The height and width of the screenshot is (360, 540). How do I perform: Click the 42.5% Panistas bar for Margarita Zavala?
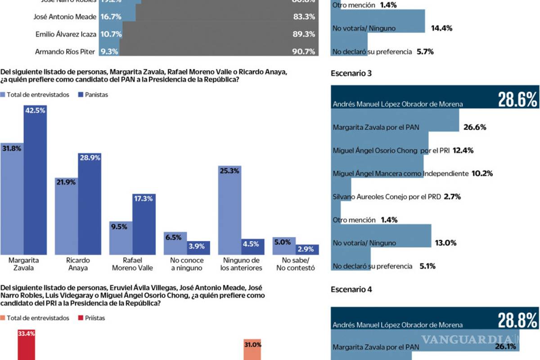tap(35, 180)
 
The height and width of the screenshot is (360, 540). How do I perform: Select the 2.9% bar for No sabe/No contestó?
tap(307, 250)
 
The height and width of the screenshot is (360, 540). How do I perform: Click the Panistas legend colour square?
tap(81, 95)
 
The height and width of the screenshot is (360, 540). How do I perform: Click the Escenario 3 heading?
tap(351, 73)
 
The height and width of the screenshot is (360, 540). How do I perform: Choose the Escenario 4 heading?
tap(351, 289)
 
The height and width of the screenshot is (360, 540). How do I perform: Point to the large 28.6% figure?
tap(517, 99)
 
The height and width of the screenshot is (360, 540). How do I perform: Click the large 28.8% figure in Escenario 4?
tap(517, 320)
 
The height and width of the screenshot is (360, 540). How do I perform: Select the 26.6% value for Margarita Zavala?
tap(475, 127)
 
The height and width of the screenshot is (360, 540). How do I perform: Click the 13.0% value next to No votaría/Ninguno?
tap(445, 243)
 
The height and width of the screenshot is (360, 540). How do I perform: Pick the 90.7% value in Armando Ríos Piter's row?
tap(303, 52)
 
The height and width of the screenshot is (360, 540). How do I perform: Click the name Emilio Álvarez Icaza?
tap(66, 34)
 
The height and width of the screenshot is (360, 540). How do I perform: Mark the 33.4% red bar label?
tap(26, 333)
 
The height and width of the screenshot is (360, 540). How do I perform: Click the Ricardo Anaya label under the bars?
tap(78, 264)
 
